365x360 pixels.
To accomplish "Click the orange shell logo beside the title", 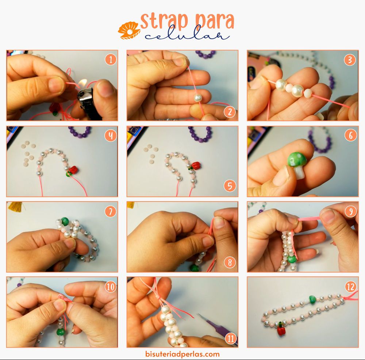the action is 129,30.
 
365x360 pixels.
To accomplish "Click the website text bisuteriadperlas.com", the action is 182,354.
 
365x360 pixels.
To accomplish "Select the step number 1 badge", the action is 111,60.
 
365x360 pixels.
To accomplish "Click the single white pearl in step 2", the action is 198,97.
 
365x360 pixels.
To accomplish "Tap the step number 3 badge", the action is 350,60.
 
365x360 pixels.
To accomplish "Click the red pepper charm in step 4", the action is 74,170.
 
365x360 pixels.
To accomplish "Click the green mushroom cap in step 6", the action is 297,160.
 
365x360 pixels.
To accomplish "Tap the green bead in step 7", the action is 65,221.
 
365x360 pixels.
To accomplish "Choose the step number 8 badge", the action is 230,263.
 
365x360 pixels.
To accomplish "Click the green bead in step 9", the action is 292,259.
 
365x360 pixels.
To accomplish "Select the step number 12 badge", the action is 351,287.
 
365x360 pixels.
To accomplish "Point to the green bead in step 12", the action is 312,299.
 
